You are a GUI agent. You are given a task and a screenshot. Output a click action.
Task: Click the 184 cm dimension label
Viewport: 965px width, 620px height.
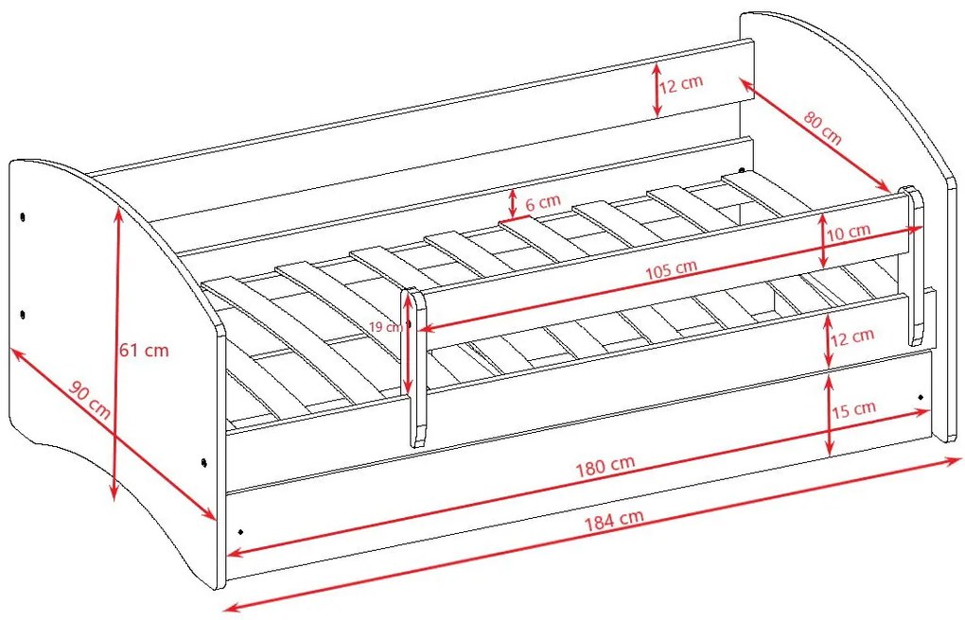click(614, 520)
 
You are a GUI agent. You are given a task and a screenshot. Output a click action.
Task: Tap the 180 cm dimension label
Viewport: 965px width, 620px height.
click(605, 466)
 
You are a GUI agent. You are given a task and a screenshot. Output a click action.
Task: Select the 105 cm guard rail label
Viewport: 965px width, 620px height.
click(671, 269)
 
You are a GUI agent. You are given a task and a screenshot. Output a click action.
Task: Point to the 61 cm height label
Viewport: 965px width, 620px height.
click(144, 351)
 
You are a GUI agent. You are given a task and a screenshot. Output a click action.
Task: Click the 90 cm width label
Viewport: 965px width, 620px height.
click(90, 400)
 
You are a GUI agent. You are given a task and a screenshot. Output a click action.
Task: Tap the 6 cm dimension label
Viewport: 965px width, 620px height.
click(543, 201)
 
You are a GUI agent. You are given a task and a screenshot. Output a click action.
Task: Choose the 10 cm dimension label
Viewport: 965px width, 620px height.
click(849, 232)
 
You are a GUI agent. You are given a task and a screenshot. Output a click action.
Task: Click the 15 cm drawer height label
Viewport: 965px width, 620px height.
click(853, 409)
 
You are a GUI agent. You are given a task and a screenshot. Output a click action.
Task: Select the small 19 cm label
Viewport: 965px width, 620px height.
click(386, 327)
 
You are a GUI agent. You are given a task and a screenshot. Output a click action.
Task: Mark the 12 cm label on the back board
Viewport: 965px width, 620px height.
click(680, 84)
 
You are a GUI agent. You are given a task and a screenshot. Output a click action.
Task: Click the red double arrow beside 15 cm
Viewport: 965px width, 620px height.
click(830, 416)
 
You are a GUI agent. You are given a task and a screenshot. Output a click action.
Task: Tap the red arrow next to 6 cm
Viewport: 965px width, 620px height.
click(513, 204)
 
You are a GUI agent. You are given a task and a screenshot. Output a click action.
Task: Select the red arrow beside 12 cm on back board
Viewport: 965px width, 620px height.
click(658, 89)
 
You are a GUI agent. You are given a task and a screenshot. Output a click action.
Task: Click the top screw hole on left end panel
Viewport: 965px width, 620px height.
click(23, 217)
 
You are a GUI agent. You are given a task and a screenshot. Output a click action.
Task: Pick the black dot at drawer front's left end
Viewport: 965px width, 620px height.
click(240, 531)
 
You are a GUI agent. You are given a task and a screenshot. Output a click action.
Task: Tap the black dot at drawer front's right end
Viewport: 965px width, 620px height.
click(921, 397)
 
